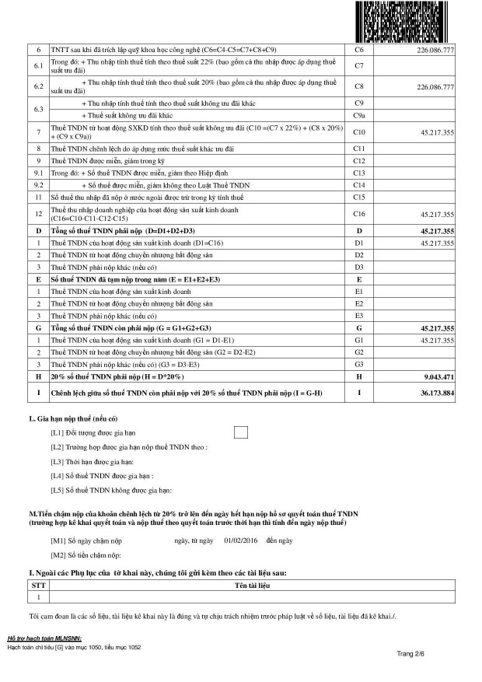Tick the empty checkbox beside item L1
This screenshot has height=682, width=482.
241,432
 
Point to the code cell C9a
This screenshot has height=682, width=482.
359,115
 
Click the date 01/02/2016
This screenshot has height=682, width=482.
237,540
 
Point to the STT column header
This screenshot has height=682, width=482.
38,586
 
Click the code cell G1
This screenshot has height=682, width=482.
359,341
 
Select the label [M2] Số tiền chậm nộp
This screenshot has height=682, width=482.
86,556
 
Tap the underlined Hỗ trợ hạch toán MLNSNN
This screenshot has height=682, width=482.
39,638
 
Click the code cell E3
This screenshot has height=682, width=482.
359,317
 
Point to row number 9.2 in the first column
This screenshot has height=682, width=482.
37,185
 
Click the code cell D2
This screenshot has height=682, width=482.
359,255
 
